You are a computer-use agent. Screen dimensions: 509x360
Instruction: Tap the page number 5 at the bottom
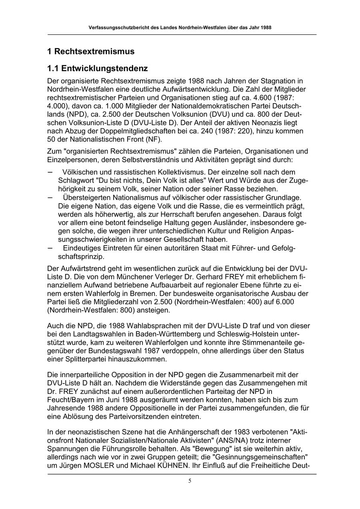[x=190, y=481]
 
